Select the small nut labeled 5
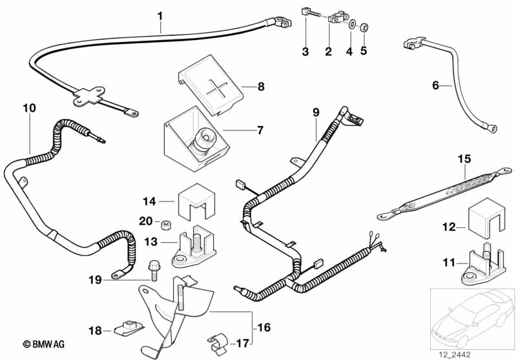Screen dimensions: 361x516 (x=364, y=28)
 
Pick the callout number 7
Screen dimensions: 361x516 (x=260, y=130)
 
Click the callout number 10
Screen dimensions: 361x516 (x=28, y=108)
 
